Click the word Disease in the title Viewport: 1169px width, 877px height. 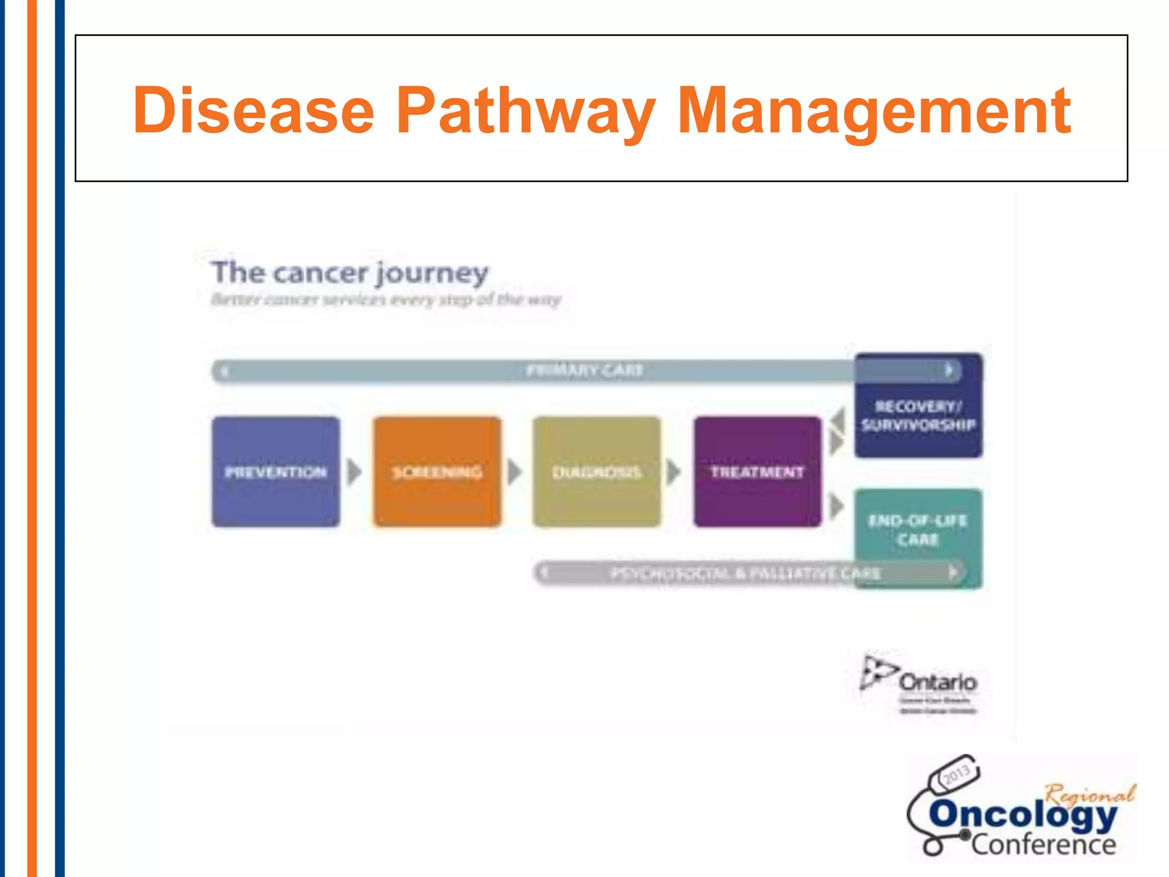pyautogui.click(x=253, y=110)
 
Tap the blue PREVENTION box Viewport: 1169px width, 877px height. pyautogui.click(x=276, y=472)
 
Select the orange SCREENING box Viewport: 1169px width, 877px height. pyautogui.click(x=437, y=472)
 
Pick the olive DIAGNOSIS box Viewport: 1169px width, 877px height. pyautogui.click(x=596, y=472)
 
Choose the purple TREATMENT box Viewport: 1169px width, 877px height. pyautogui.click(x=757, y=472)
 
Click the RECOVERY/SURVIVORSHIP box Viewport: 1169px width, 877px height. pyautogui.click(x=918, y=415)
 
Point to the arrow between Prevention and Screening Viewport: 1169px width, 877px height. pyautogui.click(x=354, y=472)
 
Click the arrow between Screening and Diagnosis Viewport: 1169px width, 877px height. pyautogui.click(x=515, y=472)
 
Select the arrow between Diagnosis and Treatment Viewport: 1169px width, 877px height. pyautogui.click(x=674, y=472)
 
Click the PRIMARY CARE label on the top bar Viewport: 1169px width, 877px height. pyautogui.click(x=584, y=371)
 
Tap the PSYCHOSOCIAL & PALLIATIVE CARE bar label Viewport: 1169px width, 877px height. pyautogui.click(x=745, y=573)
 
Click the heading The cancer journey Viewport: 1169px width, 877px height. pyautogui.click(x=350, y=272)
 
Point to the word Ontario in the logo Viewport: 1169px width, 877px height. pyautogui.click(x=938, y=682)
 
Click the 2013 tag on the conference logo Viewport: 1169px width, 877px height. pyautogui.click(x=956, y=775)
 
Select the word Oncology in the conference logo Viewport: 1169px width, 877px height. pyautogui.click(x=1022, y=815)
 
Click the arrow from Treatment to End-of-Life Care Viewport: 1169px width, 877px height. pyautogui.click(x=836, y=505)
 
